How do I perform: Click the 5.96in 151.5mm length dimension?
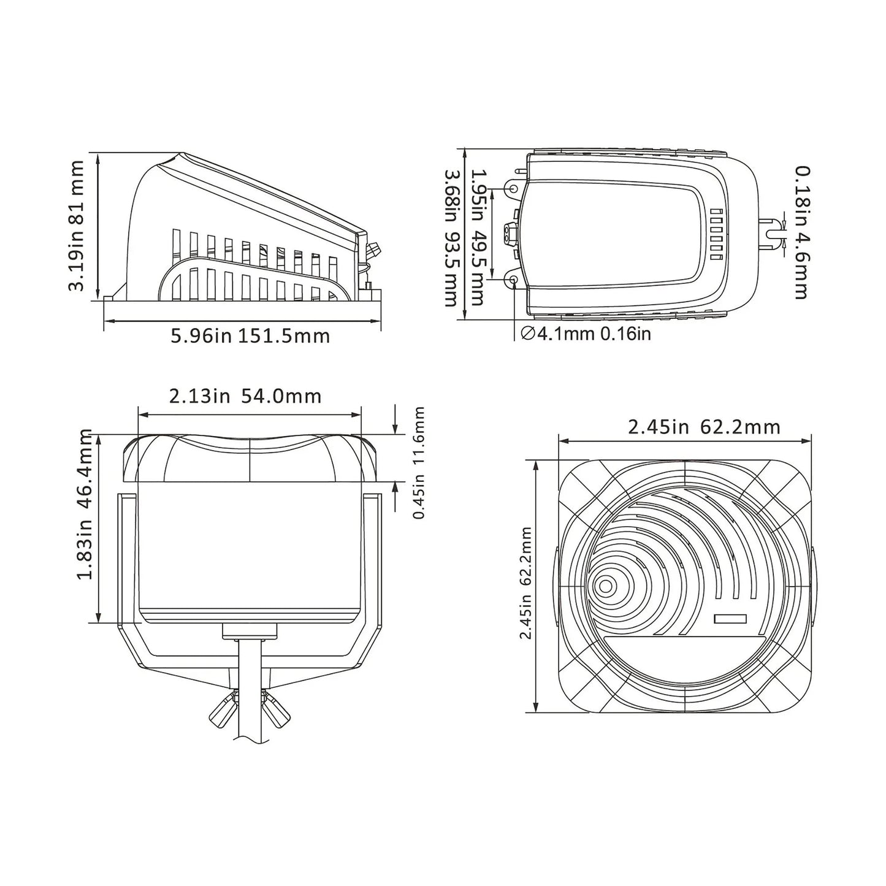point(250,336)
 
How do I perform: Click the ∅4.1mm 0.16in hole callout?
point(586,334)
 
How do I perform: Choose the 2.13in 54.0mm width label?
point(245,396)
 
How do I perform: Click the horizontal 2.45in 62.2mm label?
point(704,427)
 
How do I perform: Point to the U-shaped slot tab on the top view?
point(772,234)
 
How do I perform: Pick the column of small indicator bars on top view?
point(716,235)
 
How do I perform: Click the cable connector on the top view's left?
point(509,234)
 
